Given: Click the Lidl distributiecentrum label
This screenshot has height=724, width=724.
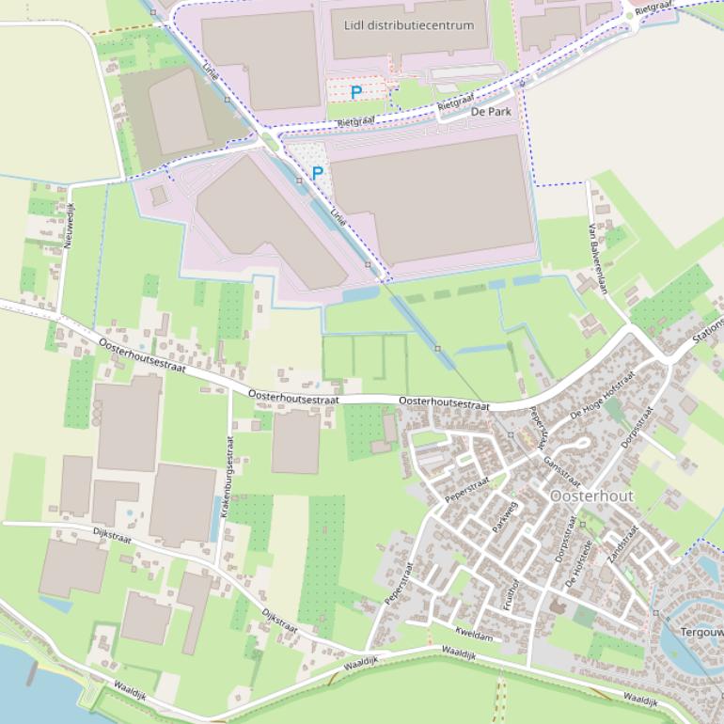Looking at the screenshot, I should (409, 25).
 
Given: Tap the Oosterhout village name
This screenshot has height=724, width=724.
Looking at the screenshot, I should (592, 496).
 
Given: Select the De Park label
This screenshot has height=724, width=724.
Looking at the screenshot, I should (491, 111).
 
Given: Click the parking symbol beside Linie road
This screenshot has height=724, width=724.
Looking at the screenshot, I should (318, 173).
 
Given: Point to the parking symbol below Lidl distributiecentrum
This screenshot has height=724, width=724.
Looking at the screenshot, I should (355, 92).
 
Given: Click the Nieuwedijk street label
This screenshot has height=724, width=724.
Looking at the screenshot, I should (68, 225).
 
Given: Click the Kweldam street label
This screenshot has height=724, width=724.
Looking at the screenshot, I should (473, 635).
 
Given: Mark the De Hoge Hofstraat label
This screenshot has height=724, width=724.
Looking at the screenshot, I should (604, 395).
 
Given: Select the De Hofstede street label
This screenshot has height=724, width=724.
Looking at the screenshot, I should (578, 563).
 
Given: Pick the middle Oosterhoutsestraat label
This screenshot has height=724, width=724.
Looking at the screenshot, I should (293, 398).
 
